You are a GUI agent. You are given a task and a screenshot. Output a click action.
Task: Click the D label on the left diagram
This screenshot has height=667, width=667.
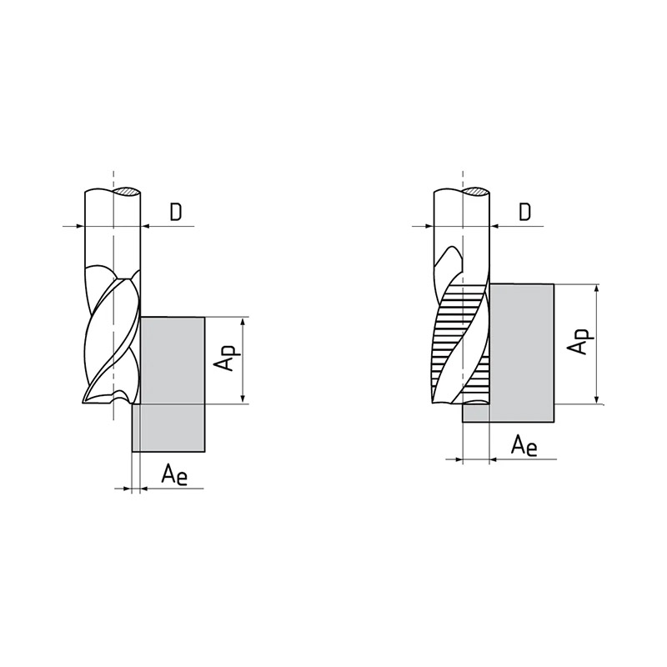pos(176,212)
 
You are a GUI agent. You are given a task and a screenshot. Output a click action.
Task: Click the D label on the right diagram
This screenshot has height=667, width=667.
pos(525,212)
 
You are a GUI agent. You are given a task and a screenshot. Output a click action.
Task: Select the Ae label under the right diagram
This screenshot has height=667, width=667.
pos(524,445)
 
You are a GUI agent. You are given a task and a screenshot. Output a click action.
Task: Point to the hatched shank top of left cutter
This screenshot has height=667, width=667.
pos(128,192)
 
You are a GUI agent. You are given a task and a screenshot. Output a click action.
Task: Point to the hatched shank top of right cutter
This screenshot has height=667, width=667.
pos(476,192)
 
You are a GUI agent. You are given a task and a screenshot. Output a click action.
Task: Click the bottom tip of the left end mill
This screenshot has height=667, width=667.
pos(83,401)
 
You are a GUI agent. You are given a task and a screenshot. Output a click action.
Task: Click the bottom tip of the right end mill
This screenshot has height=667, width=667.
pos(433,402)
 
